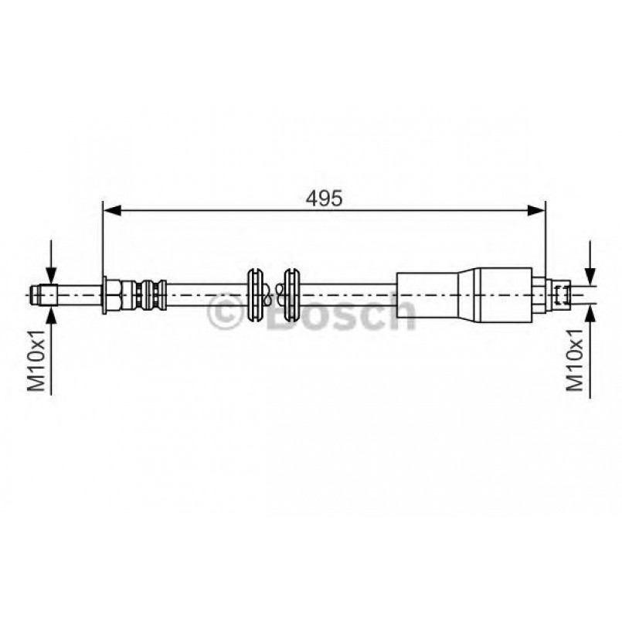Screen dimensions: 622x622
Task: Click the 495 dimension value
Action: [x=324, y=198]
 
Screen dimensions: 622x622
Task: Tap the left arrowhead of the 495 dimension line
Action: [x=112, y=211]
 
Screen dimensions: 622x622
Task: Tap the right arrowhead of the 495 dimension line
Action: [x=536, y=211]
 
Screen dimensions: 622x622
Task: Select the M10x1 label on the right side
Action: [x=575, y=360]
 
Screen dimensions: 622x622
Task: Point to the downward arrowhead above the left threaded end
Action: [x=51, y=275]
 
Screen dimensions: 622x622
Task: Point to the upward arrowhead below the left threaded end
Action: [x=51, y=314]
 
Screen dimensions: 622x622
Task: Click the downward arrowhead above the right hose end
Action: [x=590, y=276]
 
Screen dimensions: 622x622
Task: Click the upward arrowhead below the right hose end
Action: [x=590, y=314]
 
